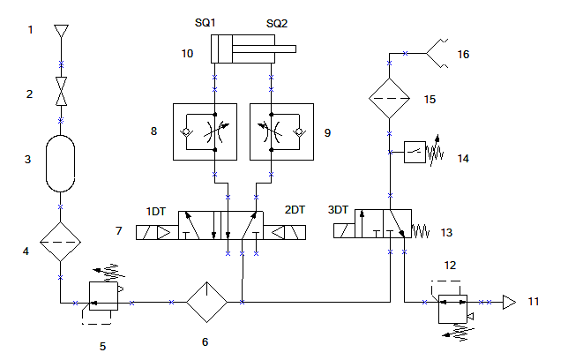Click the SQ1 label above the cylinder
pyautogui.click(x=205, y=22)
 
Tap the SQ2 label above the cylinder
pyautogui.click(x=277, y=24)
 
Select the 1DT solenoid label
pyautogui.click(x=156, y=212)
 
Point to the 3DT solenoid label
pyautogui.click(x=338, y=210)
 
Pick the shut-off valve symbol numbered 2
pyautogui.click(x=61, y=91)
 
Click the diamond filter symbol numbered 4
pyautogui.click(x=61, y=242)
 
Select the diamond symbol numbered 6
pyautogui.click(x=207, y=302)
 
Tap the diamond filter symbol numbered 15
pyautogui.click(x=390, y=98)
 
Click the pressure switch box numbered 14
pyautogui.click(x=415, y=152)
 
